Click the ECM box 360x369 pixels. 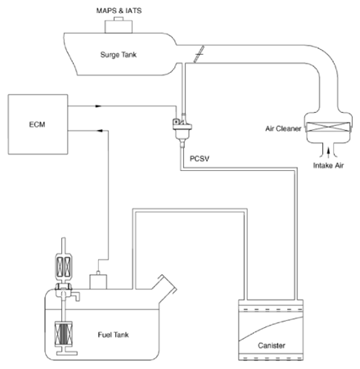pos(38,124)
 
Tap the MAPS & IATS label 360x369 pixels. pos(119,11)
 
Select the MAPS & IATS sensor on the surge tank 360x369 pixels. pos(119,25)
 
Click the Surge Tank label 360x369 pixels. pos(119,55)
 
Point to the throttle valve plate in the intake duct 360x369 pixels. pos(199,54)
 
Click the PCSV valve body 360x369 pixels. pos(182,128)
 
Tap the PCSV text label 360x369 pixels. pos(200,159)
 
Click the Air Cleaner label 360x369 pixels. pos(283,128)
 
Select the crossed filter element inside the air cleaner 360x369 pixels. pos(327,127)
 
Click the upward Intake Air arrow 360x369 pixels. pos(329,152)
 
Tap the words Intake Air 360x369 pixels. pos(328,165)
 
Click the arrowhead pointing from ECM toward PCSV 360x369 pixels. pos(98,106)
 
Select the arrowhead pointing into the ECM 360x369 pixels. pos(100,131)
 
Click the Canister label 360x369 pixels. pos(272,345)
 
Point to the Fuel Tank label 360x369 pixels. pos(113,335)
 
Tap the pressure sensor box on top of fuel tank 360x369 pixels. pos(98,281)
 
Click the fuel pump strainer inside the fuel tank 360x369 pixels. pos(64,334)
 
